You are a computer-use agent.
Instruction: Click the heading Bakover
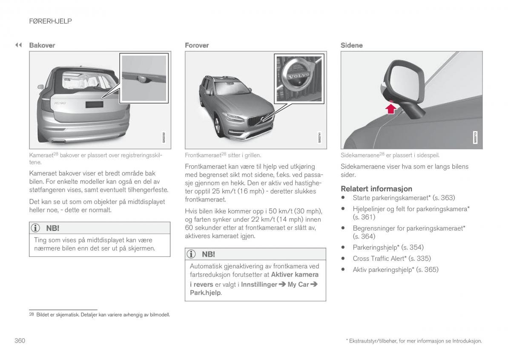click(x=42, y=45)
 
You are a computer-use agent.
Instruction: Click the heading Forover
click(x=197, y=45)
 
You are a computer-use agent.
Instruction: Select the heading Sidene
click(x=351, y=45)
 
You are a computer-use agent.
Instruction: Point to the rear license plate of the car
click(x=94, y=105)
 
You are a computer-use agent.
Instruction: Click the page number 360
click(x=20, y=340)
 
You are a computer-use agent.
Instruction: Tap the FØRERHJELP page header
click(x=50, y=21)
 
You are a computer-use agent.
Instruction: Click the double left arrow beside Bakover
click(x=18, y=45)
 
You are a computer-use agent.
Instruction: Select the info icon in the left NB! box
click(x=36, y=228)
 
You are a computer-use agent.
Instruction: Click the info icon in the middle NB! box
click(x=192, y=254)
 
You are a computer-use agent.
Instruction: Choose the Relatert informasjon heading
click(x=376, y=188)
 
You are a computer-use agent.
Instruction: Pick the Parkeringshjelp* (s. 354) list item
click(x=388, y=247)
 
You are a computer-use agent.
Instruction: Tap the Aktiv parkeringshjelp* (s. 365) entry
click(x=395, y=269)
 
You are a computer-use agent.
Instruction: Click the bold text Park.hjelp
click(x=205, y=293)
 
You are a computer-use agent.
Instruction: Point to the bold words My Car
click(x=298, y=284)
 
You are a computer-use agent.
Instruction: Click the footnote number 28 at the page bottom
click(x=32, y=315)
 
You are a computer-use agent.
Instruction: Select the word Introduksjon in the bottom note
click(x=467, y=341)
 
